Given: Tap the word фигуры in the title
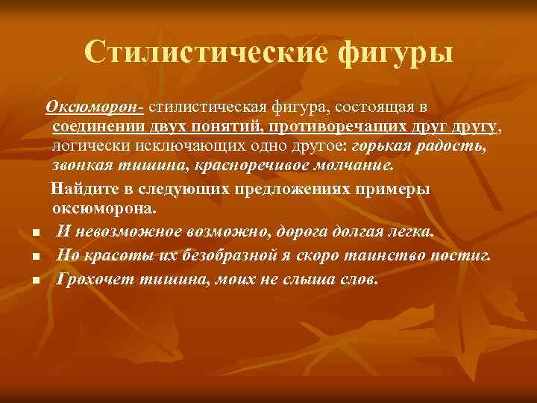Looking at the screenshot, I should point(395,51).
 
